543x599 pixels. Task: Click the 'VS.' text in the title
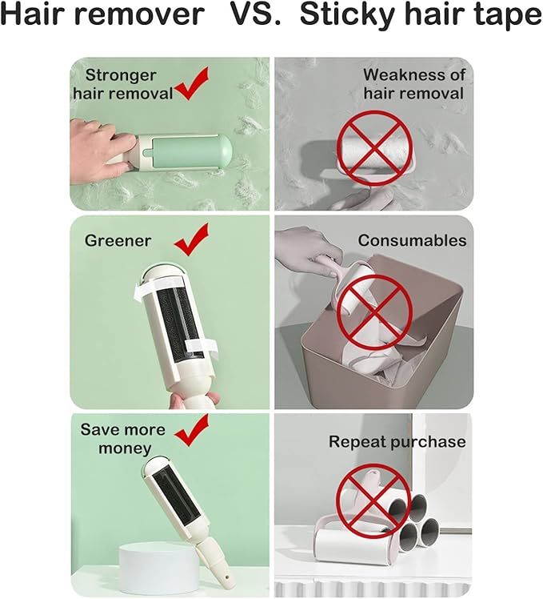point(256,14)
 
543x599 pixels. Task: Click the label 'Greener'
point(118,240)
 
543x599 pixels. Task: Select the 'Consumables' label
point(412,240)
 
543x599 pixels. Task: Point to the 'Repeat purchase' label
point(397,441)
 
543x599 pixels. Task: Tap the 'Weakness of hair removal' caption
point(413,84)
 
